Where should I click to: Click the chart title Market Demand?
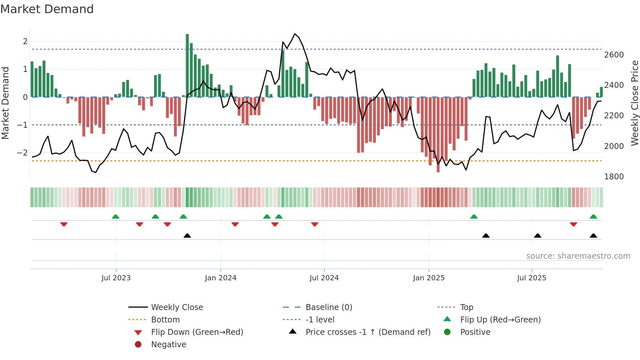[47, 9]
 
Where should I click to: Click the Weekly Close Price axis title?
[634, 103]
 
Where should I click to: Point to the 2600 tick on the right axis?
[614, 55]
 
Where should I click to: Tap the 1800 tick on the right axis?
[614, 177]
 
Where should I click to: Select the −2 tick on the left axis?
[22, 153]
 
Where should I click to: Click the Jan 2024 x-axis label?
[220, 278]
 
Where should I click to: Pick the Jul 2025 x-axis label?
[531, 278]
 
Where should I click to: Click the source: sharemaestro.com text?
[578, 256]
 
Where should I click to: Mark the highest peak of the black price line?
[295, 34]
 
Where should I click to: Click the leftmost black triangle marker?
[187, 236]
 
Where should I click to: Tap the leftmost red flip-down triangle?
[64, 224]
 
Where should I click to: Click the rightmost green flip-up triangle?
[593, 217]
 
